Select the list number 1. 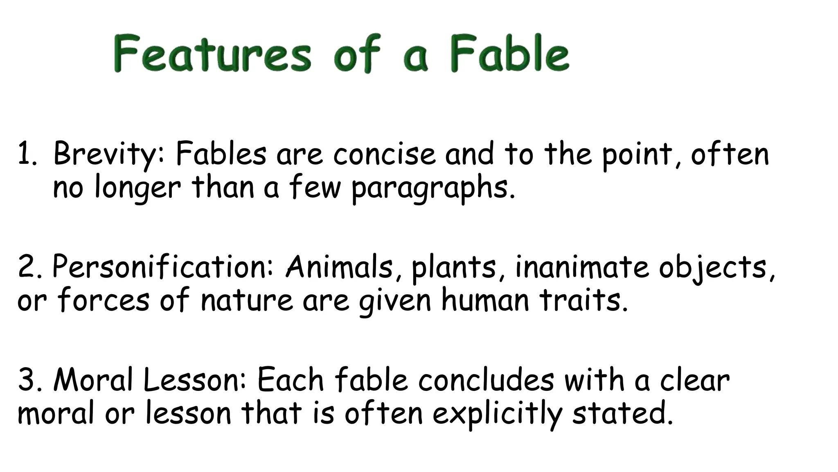(27, 155)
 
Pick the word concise (384, 155)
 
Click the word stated (622, 413)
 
